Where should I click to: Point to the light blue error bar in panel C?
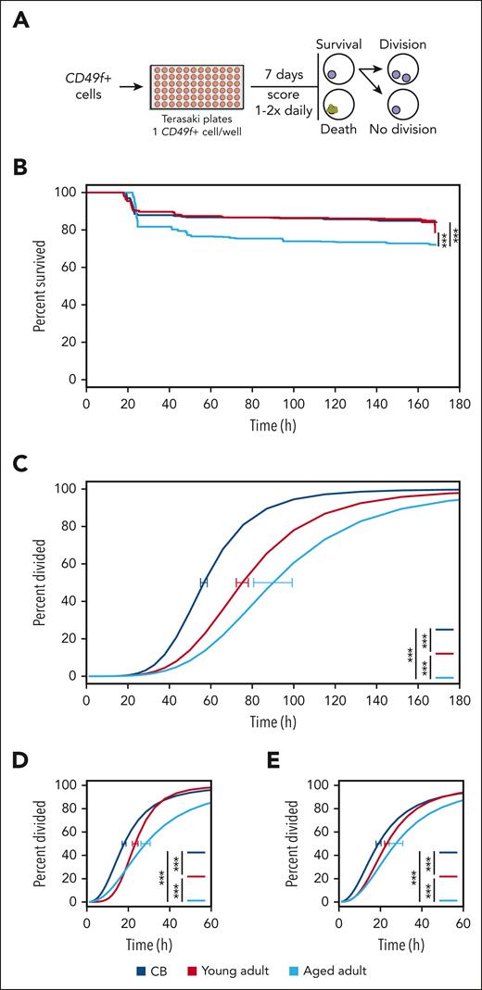point(273,582)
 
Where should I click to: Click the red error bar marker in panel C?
point(243,582)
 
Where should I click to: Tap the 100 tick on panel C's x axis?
point(294,691)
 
